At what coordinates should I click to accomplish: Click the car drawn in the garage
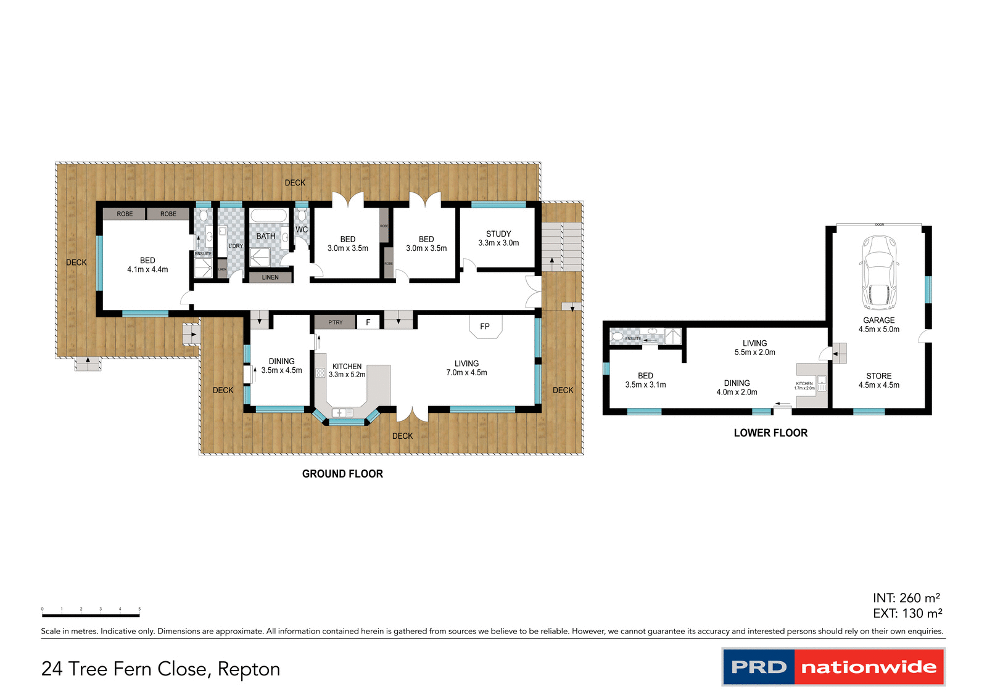click(879, 272)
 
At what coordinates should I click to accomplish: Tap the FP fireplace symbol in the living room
click(485, 326)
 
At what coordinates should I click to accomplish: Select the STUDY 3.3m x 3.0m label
click(498, 238)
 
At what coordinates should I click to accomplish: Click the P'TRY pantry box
click(335, 322)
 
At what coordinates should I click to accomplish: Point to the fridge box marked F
click(368, 322)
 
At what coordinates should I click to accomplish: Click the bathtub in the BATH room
click(269, 216)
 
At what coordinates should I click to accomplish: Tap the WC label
click(302, 230)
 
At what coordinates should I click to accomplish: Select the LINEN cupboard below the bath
click(270, 277)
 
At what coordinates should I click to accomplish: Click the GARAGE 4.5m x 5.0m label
click(878, 325)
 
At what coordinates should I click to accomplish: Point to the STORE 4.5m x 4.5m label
click(878, 380)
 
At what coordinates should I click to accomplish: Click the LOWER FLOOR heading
click(770, 433)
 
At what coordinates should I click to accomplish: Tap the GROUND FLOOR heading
click(342, 474)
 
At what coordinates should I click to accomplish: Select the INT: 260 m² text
click(906, 598)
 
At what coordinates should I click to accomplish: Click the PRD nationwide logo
click(833, 667)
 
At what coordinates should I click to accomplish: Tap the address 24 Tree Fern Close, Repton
click(160, 669)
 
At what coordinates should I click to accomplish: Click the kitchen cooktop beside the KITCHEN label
click(320, 373)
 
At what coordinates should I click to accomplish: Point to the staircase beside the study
click(561, 247)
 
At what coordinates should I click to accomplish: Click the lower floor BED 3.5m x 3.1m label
click(645, 380)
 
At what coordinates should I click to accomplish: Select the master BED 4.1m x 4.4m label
click(147, 265)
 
